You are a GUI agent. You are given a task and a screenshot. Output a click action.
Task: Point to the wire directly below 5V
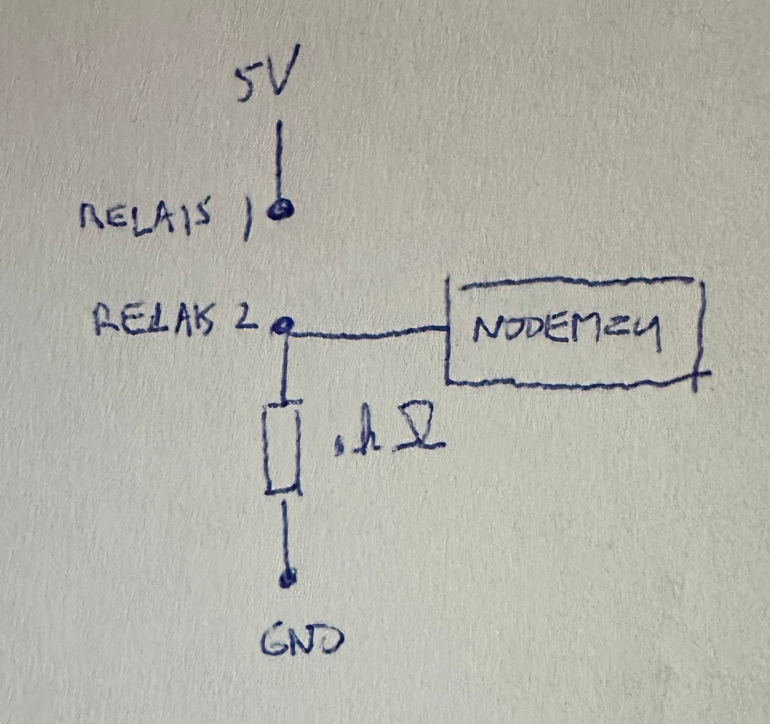point(278,161)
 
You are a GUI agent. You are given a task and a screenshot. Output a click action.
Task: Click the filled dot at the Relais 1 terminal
point(278,210)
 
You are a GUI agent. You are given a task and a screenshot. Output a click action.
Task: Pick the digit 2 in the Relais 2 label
point(248,318)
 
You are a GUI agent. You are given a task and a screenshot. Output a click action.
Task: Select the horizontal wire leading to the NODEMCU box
point(364,332)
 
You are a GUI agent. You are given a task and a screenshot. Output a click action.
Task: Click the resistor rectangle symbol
point(283,446)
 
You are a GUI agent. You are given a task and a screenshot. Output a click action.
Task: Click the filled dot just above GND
point(288,579)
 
